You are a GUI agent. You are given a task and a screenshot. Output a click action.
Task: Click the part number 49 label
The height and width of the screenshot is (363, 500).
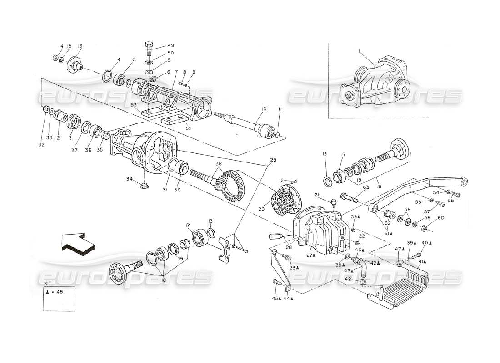click(171, 45)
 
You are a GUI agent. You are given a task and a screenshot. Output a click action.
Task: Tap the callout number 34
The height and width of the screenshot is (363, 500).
click(130, 180)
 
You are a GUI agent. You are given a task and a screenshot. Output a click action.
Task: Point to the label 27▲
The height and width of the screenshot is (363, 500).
click(311, 255)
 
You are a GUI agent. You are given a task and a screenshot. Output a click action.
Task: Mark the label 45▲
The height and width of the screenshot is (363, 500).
click(275, 298)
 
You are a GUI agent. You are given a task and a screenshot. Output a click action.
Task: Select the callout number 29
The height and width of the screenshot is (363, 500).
click(273, 160)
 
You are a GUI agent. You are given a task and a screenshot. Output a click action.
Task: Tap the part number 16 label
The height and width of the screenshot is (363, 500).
click(80, 46)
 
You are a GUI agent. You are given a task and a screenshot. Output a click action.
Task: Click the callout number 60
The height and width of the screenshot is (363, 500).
click(440, 218)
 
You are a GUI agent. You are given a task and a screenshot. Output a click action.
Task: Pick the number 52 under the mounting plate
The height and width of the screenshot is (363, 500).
click(175, 128)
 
